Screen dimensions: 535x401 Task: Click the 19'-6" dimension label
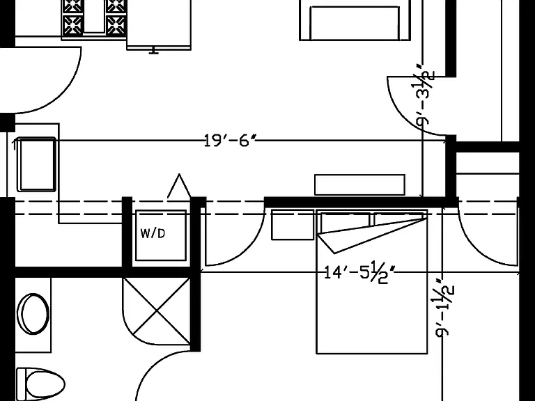coord(230,140)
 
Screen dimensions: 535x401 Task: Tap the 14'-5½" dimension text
coord(359,272)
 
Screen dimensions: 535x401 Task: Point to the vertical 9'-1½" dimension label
coord(445,307)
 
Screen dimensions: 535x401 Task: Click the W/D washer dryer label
coord(153,233)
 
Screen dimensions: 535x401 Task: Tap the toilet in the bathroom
coord(40,384)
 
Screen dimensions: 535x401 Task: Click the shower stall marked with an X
coord(157,311)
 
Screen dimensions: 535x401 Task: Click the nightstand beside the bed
coord(293,225)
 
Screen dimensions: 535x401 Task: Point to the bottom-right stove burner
coord(116,25)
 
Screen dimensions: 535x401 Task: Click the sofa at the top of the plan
coord(355,20)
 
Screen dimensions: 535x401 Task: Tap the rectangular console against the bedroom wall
coord(359,184)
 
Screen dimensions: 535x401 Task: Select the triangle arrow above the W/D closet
coord(179,186)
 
